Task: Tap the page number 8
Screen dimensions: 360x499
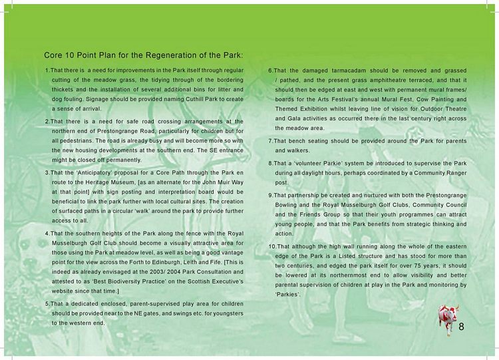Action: [461, 326]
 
